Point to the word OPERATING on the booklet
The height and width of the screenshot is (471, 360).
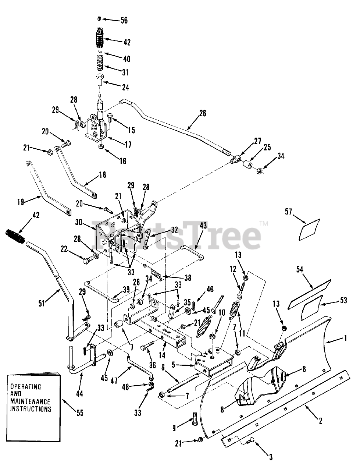pyautogui.click(x=25, y=387)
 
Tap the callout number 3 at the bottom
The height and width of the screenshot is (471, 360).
pyautogui.click(x=270, y=457)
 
